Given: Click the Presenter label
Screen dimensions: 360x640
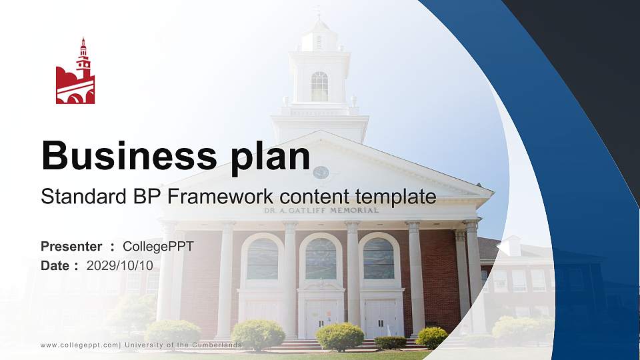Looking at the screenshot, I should pos(71,247).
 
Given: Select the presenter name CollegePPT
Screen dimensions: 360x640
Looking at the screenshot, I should pos(158,247).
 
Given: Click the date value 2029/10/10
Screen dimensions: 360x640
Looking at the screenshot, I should pos(119,265).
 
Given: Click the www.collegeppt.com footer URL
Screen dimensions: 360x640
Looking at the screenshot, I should pos(79,345).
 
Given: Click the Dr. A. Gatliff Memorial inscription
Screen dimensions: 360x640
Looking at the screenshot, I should pos(321,210).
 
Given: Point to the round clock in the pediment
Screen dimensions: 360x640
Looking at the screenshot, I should pos(321,173).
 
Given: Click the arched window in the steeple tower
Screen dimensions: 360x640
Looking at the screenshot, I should pos(319,87).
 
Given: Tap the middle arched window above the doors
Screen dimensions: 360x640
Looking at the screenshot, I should pos(321,258).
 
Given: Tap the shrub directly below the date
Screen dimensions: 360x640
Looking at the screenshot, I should pos(172,333).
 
